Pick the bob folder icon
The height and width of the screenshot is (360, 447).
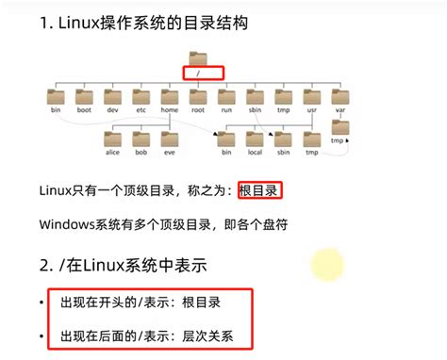tap(141, 139)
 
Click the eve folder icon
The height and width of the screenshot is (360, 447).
tap(170, 139)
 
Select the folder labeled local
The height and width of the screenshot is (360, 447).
tap(254, 139)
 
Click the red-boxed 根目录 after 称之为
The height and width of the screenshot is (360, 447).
tap(260, 190)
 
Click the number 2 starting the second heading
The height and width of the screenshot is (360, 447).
tap(45, 263)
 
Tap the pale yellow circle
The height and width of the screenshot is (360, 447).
tap(327, 263)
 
